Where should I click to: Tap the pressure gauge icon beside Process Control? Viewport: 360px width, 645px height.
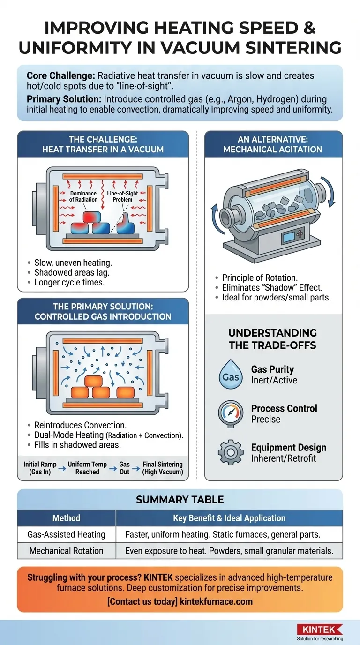[230, 413]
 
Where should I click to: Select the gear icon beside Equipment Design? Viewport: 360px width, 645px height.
[230, 452]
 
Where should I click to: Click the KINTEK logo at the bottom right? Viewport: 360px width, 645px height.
[320, 630]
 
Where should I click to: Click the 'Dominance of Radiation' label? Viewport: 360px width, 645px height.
[83, 196]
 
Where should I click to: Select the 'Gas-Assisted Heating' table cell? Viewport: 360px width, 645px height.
[66, 534]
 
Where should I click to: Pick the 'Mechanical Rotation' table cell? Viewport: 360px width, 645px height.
[66, 551]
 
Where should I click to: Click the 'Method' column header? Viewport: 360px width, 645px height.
[66, 518]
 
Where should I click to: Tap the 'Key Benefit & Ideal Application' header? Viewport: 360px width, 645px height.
[229, 518]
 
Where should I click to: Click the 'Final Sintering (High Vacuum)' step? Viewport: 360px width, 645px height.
[163, 468]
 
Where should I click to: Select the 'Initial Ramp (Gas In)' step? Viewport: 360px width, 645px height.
[40, 468]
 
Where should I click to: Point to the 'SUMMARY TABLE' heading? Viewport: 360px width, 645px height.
[180, 500]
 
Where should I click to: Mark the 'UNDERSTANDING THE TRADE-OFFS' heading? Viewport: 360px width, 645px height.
[272, 338]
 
